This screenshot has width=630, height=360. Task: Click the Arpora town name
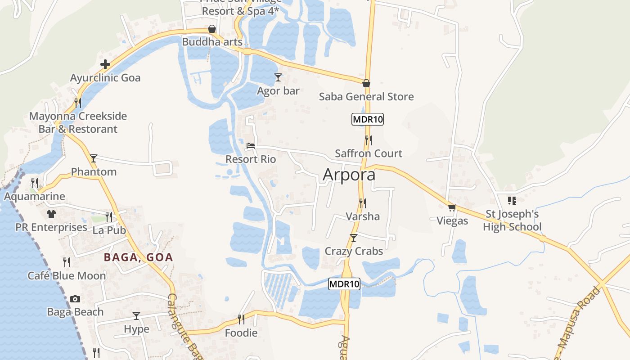(349, 175)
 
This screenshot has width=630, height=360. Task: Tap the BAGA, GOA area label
(139, 257)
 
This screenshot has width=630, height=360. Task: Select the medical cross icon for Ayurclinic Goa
(105, 64)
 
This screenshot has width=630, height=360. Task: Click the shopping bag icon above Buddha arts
(211, 29)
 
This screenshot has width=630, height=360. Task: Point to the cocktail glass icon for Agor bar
(278, 78)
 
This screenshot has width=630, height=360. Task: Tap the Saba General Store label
(366, 97)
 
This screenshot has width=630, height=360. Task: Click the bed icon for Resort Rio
(251, 146)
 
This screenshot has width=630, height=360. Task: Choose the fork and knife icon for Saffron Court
(368, 140)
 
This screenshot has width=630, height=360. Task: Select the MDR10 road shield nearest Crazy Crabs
(344, 284)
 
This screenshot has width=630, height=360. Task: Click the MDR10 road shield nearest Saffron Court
(368, 119)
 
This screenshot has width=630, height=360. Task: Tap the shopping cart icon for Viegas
(452, 207)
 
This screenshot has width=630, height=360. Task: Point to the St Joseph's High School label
(512, 220)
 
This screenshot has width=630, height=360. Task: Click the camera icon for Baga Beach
(75, 299)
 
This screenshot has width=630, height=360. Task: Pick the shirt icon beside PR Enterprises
(51, 214)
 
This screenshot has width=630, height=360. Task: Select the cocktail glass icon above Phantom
(94, 158)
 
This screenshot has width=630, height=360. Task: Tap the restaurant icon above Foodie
(241, 319)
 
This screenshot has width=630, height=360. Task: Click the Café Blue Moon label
(67, 276)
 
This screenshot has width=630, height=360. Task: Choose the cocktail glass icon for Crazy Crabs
(354, 238)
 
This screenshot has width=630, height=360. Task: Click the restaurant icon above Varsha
(362, 203)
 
